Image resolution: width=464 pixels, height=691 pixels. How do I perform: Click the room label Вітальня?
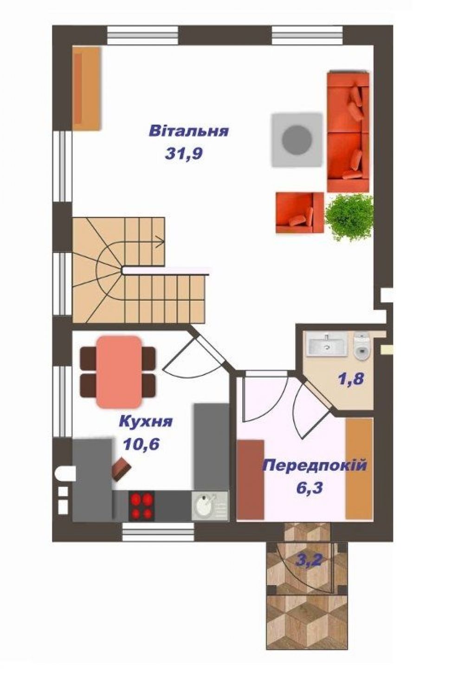point(188,131)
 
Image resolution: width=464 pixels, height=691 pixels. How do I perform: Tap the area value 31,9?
point(184,153)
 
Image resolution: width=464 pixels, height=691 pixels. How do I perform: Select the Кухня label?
point(146,421)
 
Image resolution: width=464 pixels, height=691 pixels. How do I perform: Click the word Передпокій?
point(315,465)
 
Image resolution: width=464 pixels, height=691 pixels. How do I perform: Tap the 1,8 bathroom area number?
point(352,378)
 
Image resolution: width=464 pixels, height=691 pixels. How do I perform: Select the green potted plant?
point(350,216)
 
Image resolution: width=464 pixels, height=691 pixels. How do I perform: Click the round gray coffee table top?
point(297,140)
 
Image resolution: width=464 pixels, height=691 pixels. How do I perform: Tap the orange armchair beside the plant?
point(300,212)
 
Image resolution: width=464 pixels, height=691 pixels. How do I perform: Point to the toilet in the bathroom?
point(361,346)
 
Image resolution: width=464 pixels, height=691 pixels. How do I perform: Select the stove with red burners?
point(142,506)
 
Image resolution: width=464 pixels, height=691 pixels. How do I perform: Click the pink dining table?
point(119,372)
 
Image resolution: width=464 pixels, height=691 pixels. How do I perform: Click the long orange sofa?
point(348,132)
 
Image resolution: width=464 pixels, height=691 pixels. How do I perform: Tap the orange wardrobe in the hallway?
point(359,468)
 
